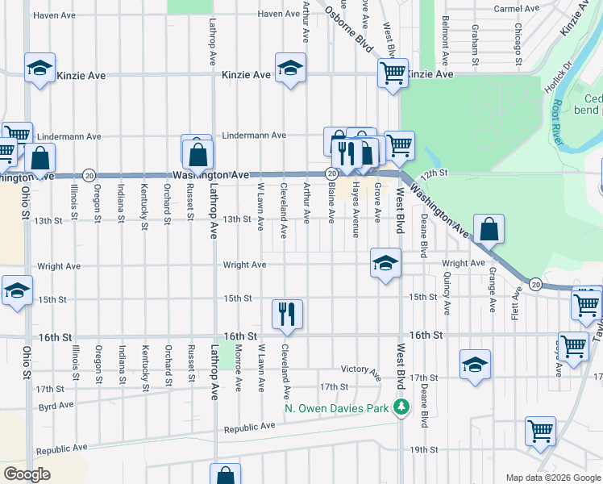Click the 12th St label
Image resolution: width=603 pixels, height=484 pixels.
455,173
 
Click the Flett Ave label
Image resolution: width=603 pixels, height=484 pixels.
517,307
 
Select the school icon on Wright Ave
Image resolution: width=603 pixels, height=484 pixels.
386,262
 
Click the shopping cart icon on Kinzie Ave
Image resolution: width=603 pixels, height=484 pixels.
393,73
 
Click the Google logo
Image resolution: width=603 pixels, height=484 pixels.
27,474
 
